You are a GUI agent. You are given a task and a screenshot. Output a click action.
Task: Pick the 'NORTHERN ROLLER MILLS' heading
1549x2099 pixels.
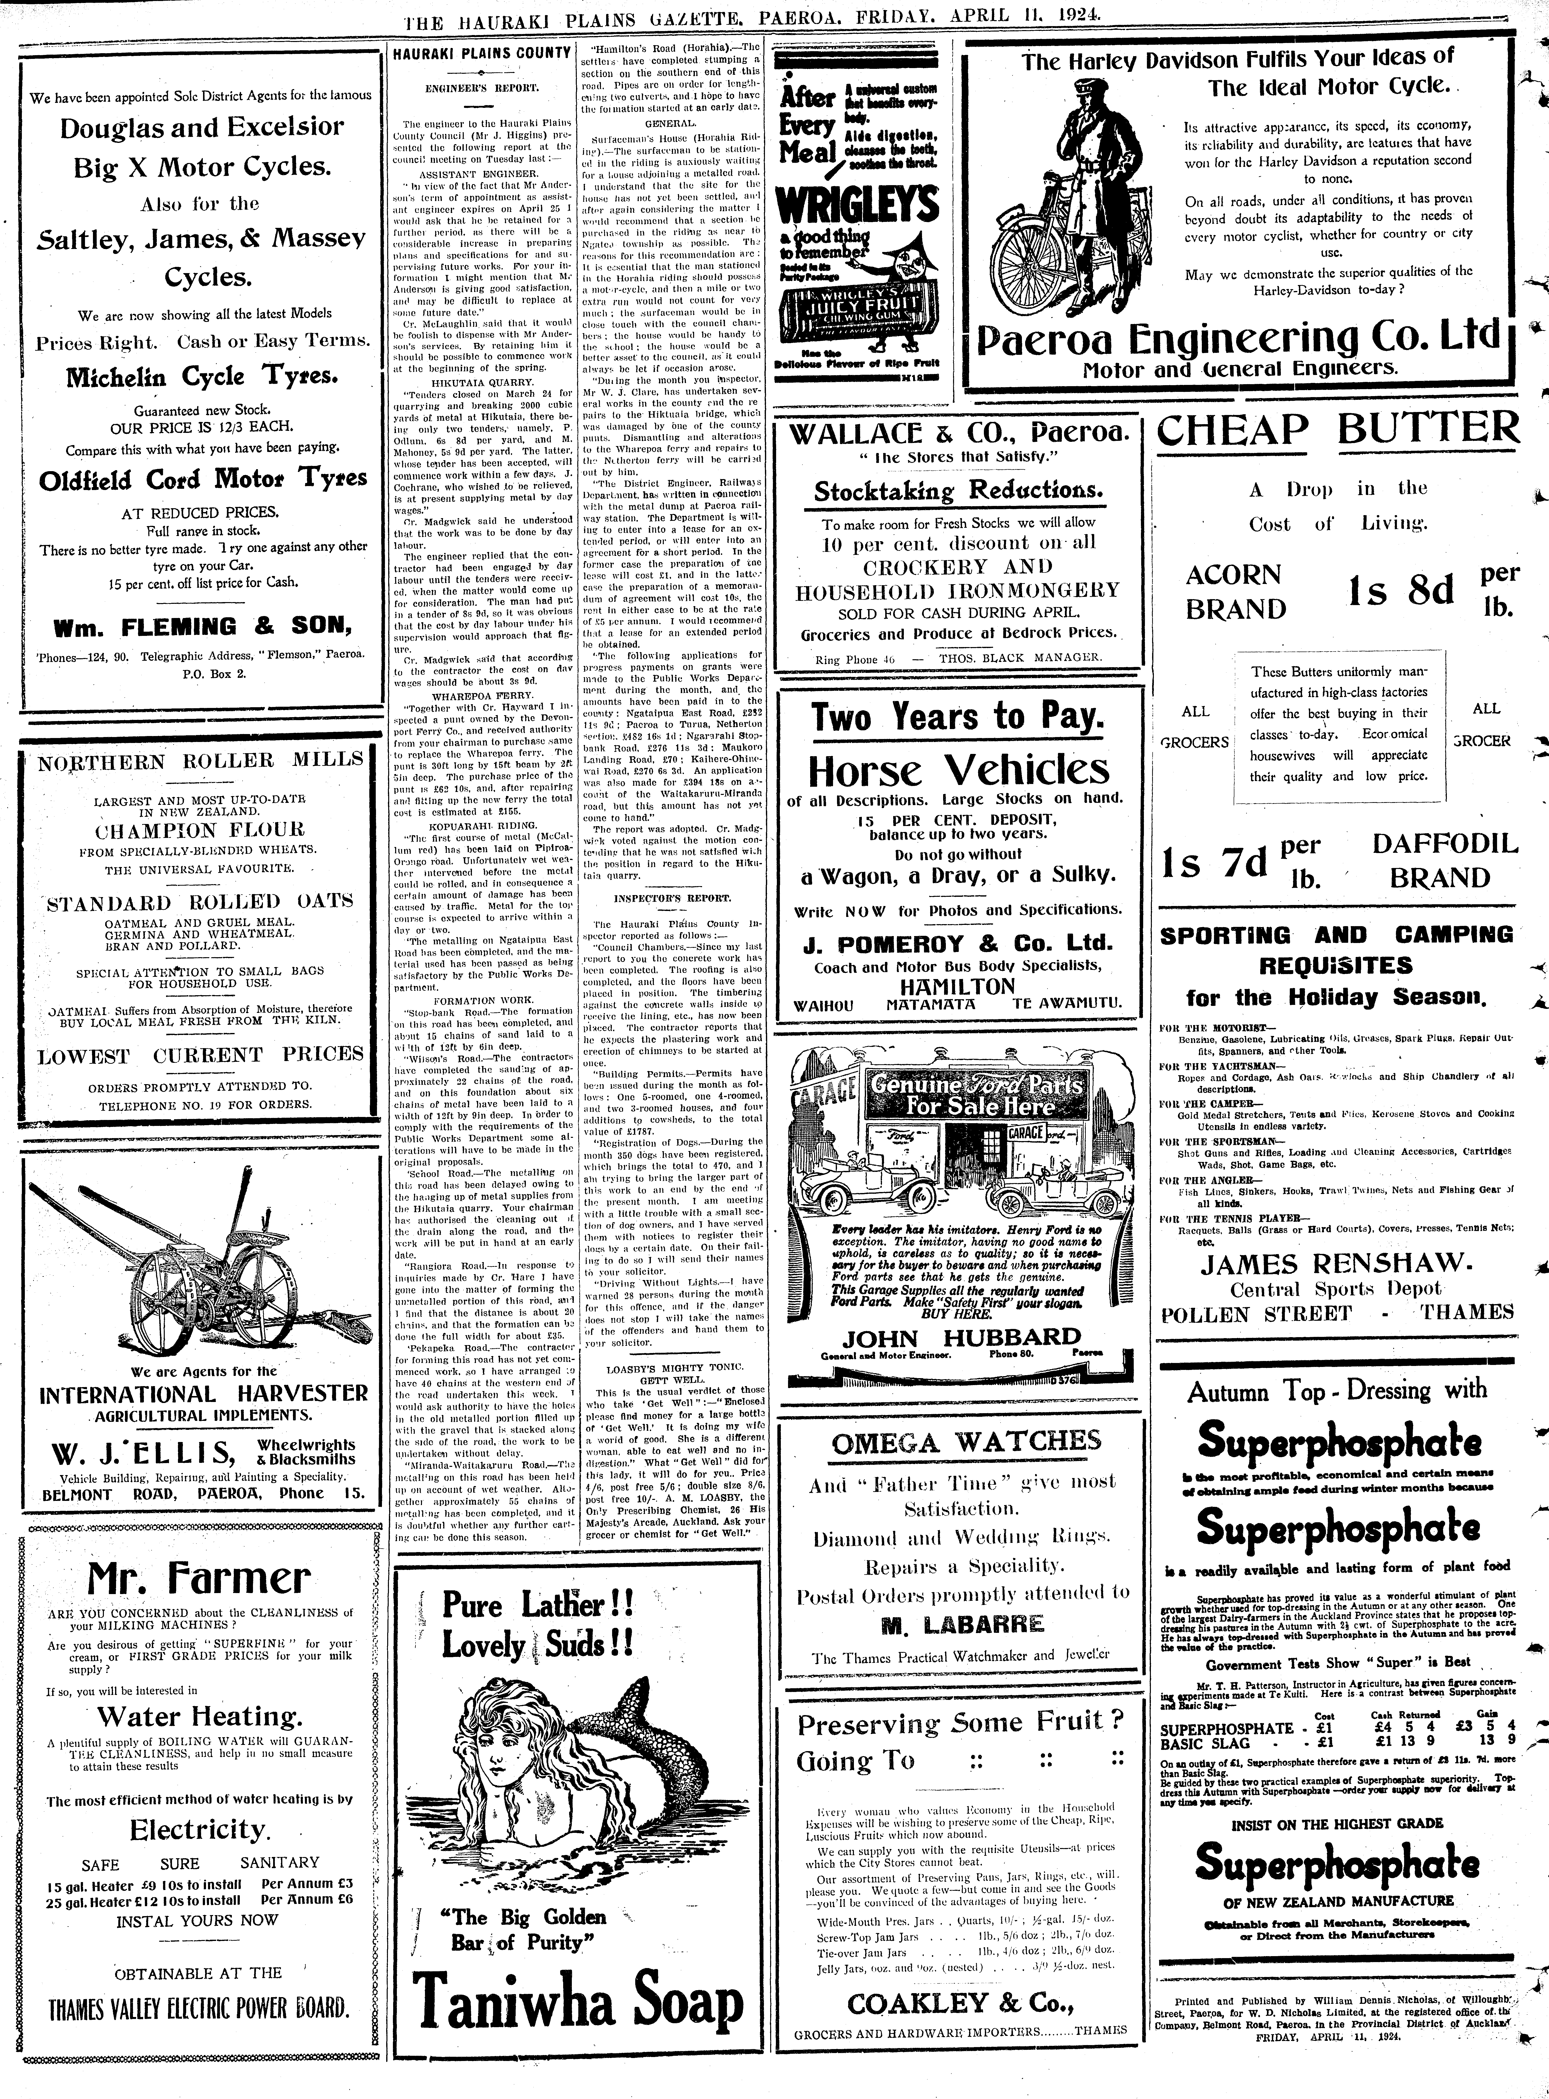[x=201, y=760]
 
